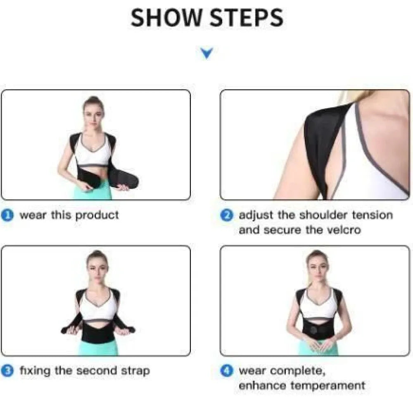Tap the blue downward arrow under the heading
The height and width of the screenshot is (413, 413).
206,53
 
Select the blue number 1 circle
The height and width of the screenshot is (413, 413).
8,216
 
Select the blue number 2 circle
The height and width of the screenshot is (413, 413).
227,216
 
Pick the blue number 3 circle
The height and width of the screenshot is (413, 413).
8,370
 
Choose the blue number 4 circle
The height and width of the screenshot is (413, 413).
227,370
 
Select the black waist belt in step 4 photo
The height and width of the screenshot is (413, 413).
317,330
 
